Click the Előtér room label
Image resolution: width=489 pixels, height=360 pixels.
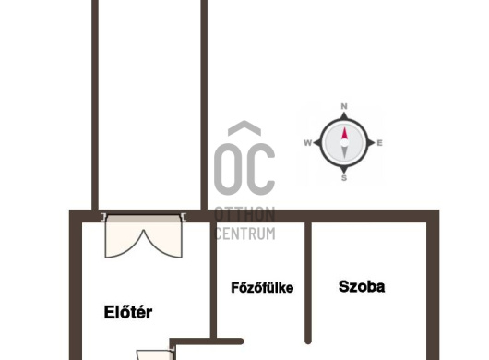click(x=128, y=312)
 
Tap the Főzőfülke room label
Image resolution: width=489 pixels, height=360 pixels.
click(x=262, y=287)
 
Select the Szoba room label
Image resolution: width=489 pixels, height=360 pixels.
click(x=362, y=286)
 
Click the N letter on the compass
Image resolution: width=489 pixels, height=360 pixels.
click(x=344, y=106)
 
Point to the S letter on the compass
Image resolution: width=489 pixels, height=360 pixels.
click(x=344, y=178)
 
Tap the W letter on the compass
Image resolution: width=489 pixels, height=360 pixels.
click(x=307, y=143)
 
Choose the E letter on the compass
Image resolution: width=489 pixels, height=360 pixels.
click(x=379, y=143)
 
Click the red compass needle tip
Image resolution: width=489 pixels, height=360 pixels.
click(x=344, y=127)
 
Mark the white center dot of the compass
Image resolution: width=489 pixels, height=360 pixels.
click(x=344, y=143)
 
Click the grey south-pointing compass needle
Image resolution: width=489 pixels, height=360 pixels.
click(x=344, y=153)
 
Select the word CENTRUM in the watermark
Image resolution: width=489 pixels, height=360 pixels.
click(x=245, y=234)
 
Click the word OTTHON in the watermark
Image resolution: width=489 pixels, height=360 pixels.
click(x=244, y=214)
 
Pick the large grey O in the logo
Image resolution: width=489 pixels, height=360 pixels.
click(x=228, y=169)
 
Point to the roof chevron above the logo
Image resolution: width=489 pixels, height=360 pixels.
click(x=244, y=128)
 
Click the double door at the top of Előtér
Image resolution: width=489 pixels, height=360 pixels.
click(x=143, y=236)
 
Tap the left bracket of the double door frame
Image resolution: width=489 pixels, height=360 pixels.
click(x=103, y=217)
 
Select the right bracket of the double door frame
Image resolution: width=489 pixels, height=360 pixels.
click(x=184, y=217)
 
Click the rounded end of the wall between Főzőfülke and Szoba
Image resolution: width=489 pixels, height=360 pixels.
click(x=308, y=341)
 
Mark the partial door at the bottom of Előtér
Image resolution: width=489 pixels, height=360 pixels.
click(x=155, y=354)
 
